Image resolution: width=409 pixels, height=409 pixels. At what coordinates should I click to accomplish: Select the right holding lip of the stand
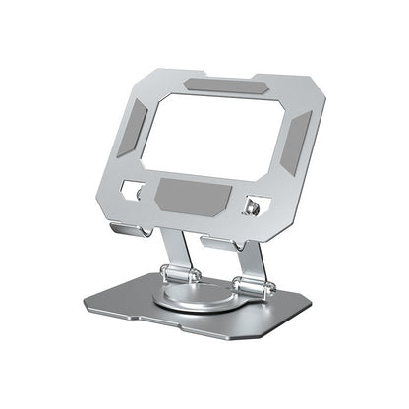(x=224, y=241)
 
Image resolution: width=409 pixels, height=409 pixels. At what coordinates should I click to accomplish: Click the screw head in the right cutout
(x=255, y=207)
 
